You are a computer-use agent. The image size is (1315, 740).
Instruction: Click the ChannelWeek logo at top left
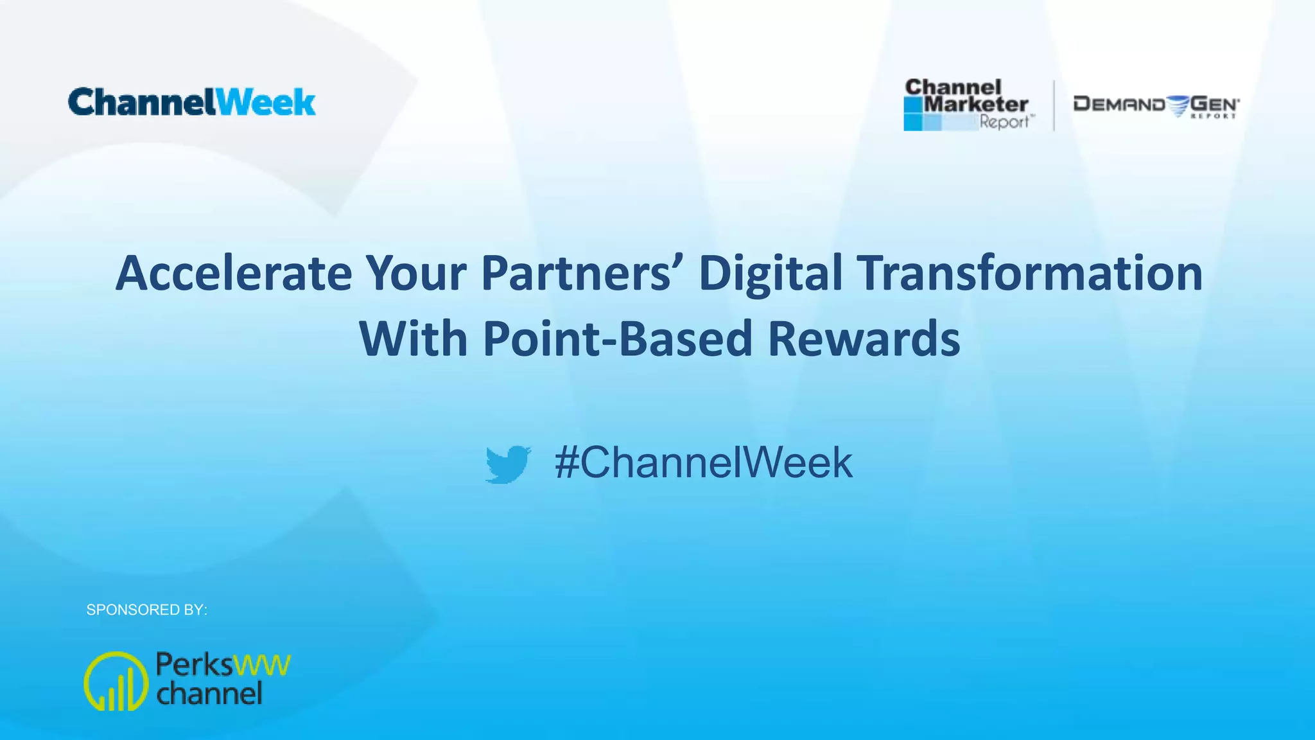click(x=191, y=103)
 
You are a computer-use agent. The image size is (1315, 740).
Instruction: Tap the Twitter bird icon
click(x=508, y=464)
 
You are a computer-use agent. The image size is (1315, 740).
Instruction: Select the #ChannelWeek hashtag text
click(x=704, y=463)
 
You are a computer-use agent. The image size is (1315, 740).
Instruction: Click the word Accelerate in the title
click(x=233, y=274)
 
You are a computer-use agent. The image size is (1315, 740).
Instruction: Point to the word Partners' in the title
click(x=584, y=274)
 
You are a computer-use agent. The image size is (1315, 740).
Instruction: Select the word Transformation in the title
click(x=1030, y=274)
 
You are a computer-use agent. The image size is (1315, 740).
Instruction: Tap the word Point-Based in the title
click(x=617, y=339)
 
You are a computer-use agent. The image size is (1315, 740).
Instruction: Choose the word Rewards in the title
click(x=864, y=339)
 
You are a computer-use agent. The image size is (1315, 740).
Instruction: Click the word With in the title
click(x=413, y=339)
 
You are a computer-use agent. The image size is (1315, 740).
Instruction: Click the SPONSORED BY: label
click(x=146, y=610)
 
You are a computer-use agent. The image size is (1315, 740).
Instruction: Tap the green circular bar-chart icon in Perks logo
click(x=116, y=681)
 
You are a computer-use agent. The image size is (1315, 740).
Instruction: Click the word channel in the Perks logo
click(x=209, y=694)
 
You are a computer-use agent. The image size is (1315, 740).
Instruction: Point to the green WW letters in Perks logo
click(x=262, y=665)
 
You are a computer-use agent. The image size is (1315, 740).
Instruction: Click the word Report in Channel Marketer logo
click(x=1004, y=122)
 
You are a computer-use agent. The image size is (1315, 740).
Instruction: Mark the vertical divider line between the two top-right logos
click(x=1054, y=105)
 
